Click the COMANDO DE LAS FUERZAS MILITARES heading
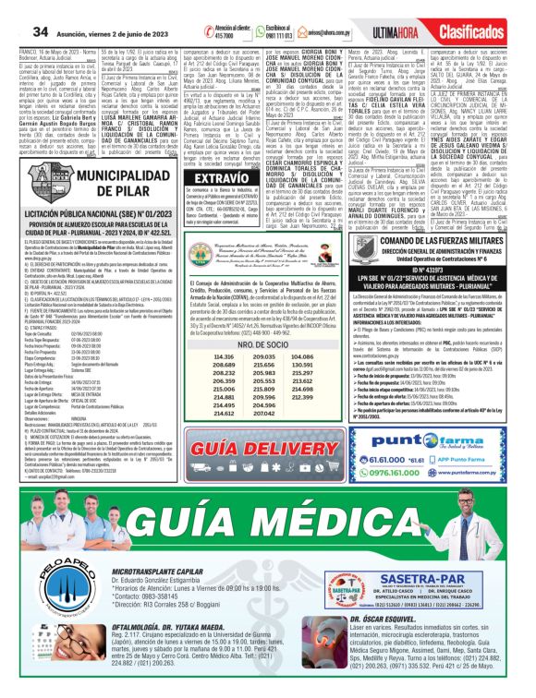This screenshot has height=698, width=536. point(433,241)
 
